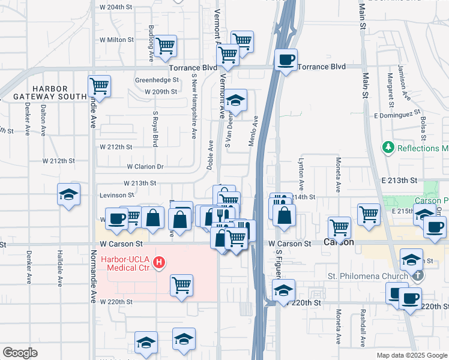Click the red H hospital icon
tap(159, 262)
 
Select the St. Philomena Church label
tap(367, 276)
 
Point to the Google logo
tap(20, 353)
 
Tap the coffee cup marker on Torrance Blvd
tap(286, 60)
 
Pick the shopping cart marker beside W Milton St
tap(165, 46)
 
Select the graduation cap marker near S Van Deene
tap(236, 100)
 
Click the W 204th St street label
tap(116, 7)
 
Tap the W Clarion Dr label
tap(145, 167)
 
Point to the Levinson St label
tap(117, 195)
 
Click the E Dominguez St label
tap(396, 113)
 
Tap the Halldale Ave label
tap(59, 266)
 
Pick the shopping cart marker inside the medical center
tap(181, 286)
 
